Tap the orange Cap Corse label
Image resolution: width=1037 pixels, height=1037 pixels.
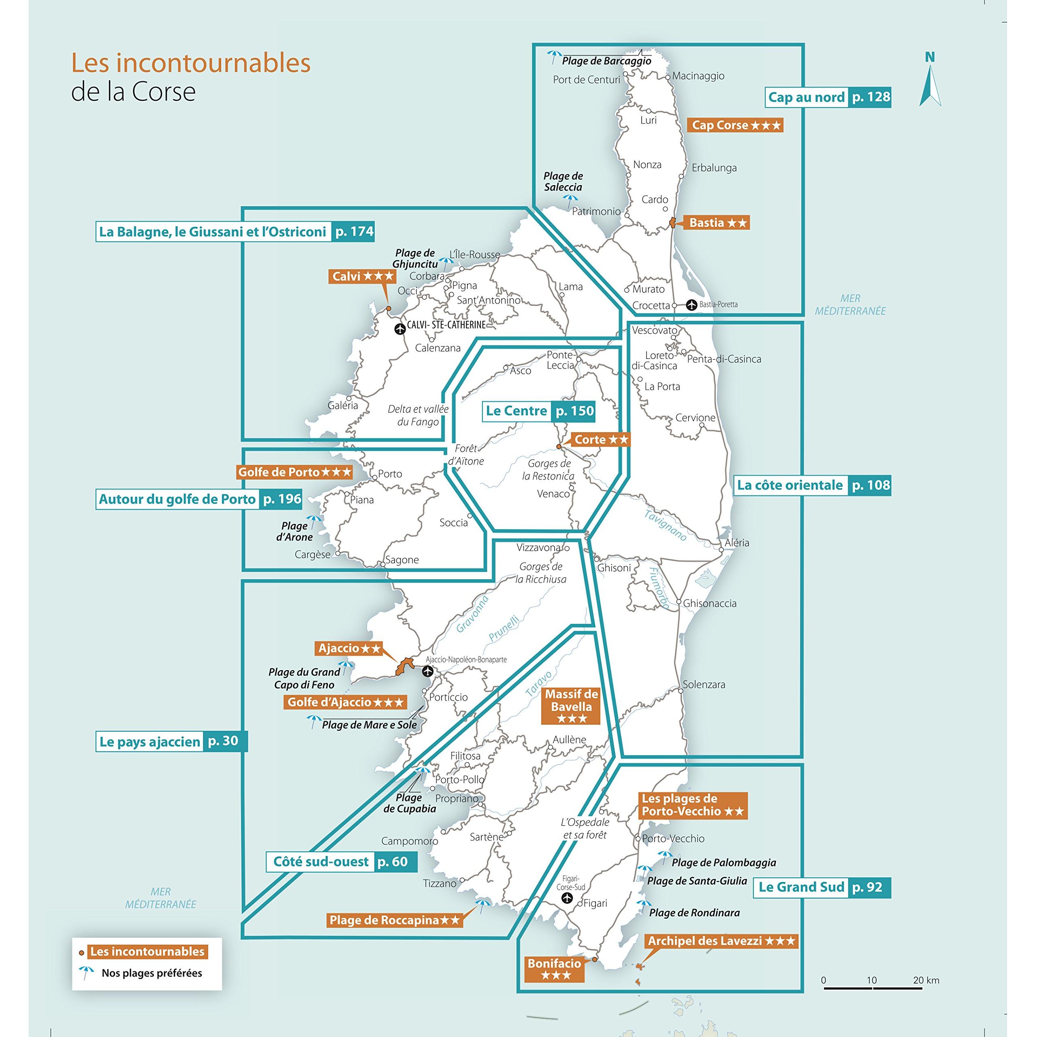[735, 125]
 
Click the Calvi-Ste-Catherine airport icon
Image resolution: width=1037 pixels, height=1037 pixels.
[399, 329]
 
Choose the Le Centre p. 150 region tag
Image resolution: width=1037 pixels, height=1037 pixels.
[539, 411]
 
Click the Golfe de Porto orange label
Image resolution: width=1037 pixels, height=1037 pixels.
[294, 472]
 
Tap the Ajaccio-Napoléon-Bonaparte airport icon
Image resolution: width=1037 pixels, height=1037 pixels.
[427, 671]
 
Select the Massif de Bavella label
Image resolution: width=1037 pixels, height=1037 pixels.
[572, 706]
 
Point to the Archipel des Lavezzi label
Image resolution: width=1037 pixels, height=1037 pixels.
[721, 941]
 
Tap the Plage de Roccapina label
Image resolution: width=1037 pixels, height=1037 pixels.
[395, 920]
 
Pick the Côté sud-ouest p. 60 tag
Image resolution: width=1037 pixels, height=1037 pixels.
[342, 862]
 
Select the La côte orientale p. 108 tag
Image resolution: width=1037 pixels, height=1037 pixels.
[813, 485]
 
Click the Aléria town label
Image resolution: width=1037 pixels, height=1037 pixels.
[736, 543]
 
